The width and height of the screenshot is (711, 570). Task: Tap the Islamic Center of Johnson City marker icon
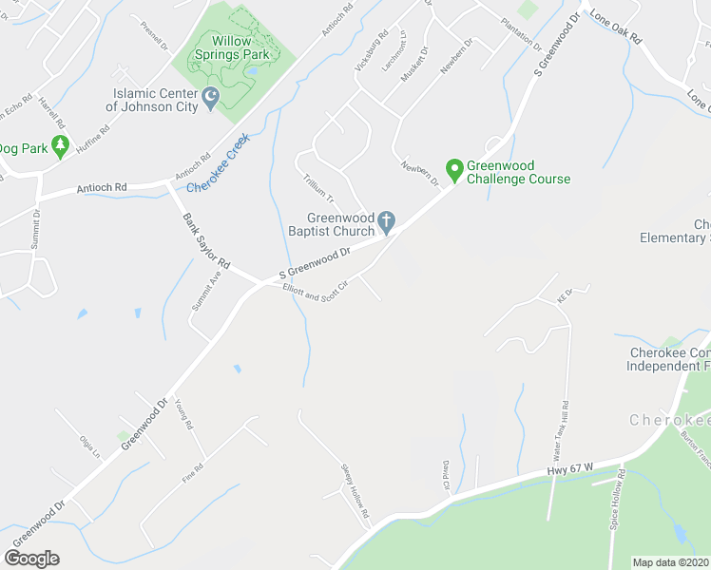pos(211,97)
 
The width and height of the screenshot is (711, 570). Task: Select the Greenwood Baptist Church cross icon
pos(386,222)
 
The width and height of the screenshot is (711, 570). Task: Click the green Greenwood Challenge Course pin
pos(454,170)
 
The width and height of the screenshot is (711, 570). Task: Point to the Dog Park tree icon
pos(61,146)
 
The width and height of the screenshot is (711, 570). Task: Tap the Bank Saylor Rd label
pos(207,240)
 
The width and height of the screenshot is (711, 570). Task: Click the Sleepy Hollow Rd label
pos(355,490)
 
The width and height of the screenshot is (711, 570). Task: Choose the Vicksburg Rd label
pos(371,56)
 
